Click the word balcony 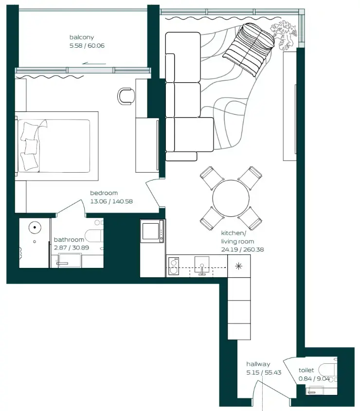coord(81,37)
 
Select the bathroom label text coord(69,239)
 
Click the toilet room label coord(306,370)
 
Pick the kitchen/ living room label coord(237,237)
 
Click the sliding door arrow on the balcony coord(94,63)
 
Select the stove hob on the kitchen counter coord(173,266)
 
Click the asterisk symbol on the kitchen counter coord(238,266)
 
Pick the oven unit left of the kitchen coord(152,231)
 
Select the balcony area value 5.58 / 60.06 coord(87,46)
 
